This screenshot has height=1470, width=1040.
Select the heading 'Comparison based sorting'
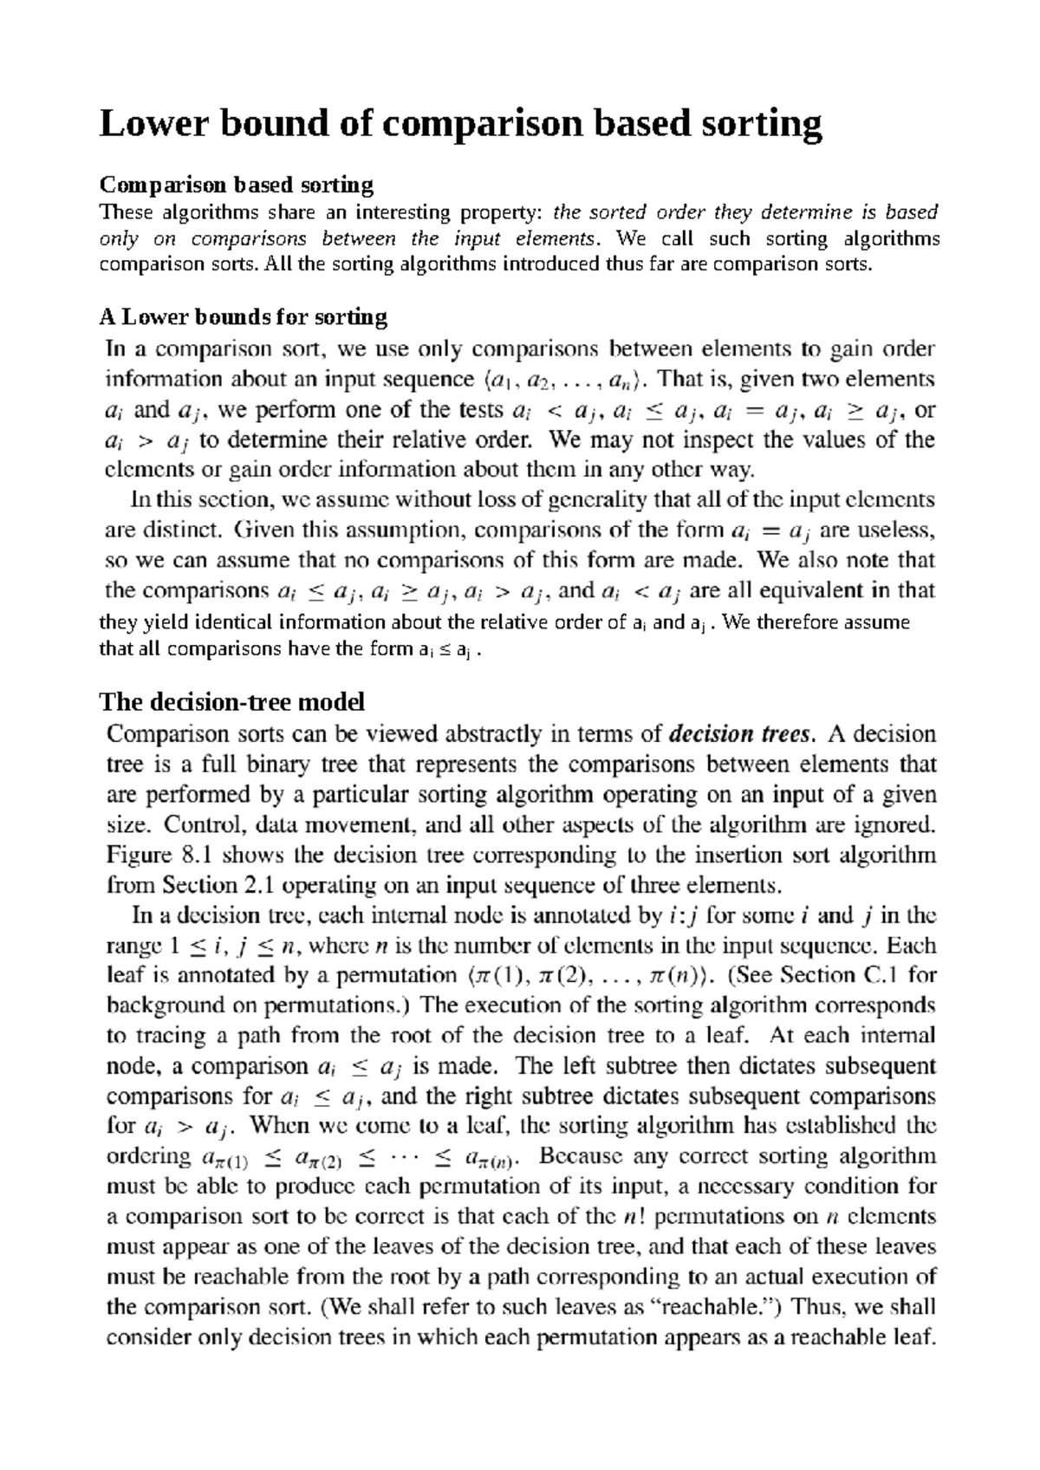(237, 185)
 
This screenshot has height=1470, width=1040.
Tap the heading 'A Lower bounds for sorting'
(244, 316)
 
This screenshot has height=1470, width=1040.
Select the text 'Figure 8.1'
(159, 855)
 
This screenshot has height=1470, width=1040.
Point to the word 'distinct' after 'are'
(185, 530)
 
